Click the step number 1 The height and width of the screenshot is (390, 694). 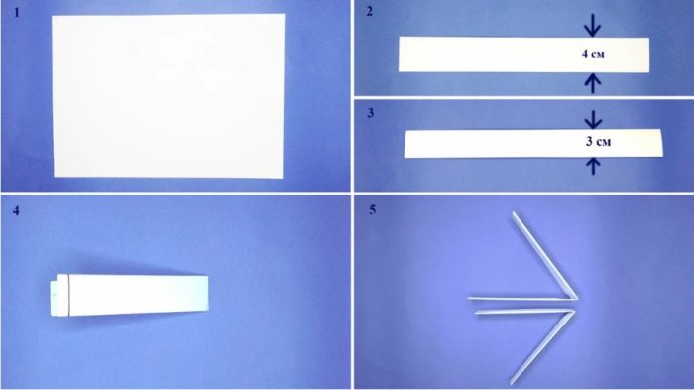[x=17, y=13]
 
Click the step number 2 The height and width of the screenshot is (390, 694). [x=370, y=12]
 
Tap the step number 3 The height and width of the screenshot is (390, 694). [x=371, y=113]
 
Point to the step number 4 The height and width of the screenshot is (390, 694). [x=16, y=210]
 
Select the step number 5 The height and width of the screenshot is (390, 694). [x=372, y=209]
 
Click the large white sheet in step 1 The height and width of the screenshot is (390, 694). [x=169, y=95]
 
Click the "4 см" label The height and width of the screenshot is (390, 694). [x=593, y=54]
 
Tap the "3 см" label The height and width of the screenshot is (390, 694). [x=599, y=141]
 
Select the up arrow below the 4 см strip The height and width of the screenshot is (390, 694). [x=593, y=83]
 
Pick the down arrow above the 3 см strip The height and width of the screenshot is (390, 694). [x=593, y=119]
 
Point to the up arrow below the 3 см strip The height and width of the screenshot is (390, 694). [x=593, y=166]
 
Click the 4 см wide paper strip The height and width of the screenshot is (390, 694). [x=524, y=55]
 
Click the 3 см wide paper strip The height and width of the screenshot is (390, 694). [x=533, y=143]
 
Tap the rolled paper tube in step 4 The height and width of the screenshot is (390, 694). [x=129, y=295]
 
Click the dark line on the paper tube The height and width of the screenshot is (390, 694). [x=69, y=295]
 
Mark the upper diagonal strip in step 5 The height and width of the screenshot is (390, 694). [x=545, y=255]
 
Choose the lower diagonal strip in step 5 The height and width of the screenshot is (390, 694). [x=542, y=347]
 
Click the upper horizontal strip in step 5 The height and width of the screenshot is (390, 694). [x=522, y=299]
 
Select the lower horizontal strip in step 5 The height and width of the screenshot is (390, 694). [x=524, y=312]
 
